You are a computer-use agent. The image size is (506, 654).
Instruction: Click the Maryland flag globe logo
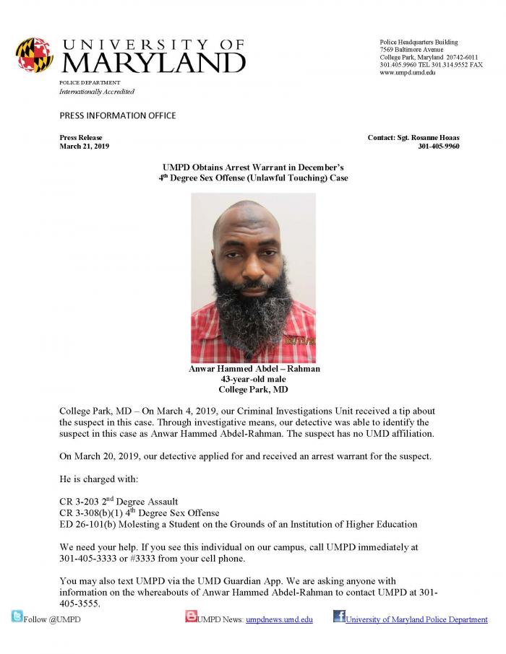pos(34,55)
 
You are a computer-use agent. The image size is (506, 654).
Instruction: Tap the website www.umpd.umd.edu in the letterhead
pos(408,73)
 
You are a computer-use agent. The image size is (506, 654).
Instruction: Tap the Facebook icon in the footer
pos(339,616)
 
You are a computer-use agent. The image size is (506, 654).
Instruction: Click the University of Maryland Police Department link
pos(416,619)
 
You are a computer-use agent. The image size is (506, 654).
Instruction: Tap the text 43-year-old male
pos(253,379)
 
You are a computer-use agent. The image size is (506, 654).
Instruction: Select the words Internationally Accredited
pos(97,92)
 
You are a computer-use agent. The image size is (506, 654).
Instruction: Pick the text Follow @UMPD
pos(52,619)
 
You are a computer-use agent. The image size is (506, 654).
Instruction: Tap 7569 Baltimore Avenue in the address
pos(411,49)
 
